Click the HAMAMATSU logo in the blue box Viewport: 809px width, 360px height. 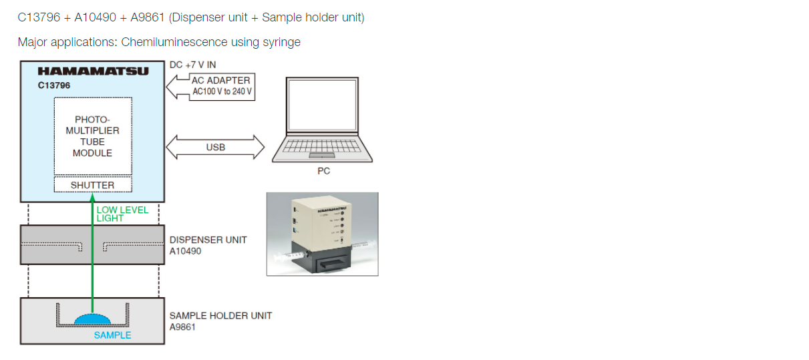pos(93,71)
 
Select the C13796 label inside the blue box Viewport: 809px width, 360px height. pos(54,85)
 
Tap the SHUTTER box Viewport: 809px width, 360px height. pos(92,185)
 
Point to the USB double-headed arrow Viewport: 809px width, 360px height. pos(215,147)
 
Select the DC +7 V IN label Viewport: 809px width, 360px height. pos(192,65)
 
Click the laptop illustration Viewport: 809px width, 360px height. pos(323,120)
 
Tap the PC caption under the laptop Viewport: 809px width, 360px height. pos(323,171)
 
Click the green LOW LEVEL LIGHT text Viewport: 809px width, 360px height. pos(122,214)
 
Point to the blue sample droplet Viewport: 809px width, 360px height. pos(93,319)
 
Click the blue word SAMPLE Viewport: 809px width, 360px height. pos(112,335)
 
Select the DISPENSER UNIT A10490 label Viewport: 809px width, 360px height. pos(208,245)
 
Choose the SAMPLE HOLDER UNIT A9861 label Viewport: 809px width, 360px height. pos(220,321)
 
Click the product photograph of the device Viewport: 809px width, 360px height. pos(322,234)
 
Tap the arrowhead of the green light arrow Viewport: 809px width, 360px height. pos(92,197)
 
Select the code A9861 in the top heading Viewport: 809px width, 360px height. pos(148,17)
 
